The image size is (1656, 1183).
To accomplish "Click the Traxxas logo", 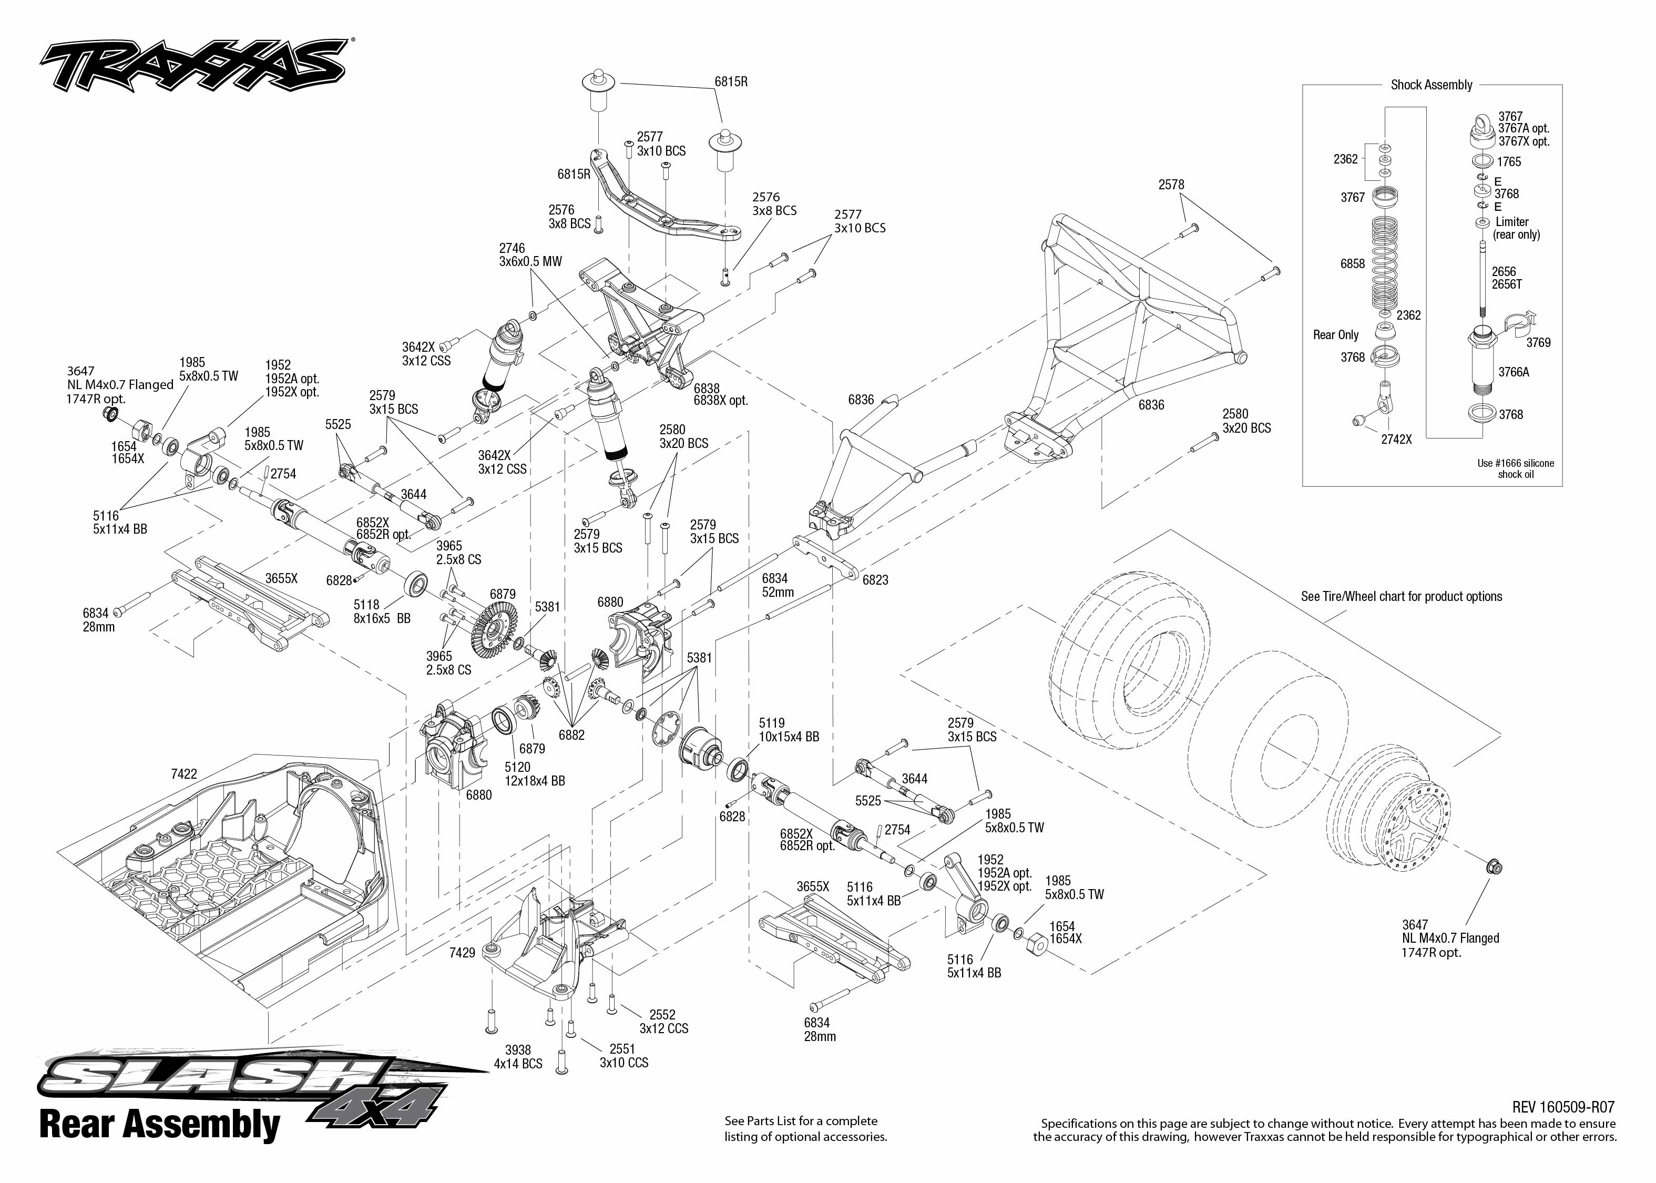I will pyautogui.click(x=193, y=66).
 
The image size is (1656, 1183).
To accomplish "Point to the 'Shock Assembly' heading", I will pyautogui.click(x=1431, y=85).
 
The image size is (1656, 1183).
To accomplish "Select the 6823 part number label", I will pyautogui.click(x=875, y=580).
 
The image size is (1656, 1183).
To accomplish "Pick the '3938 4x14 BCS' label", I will pyautogui.click(x=518, y=1057).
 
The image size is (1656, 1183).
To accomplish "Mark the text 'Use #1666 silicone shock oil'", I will pyautogui.click(x=1516, y=468).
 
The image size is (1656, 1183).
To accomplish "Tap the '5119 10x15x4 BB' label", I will pyautogui.click(x=788, y=730).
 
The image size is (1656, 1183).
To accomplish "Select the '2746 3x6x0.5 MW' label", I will pyautogui.click(x=530, y=255).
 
